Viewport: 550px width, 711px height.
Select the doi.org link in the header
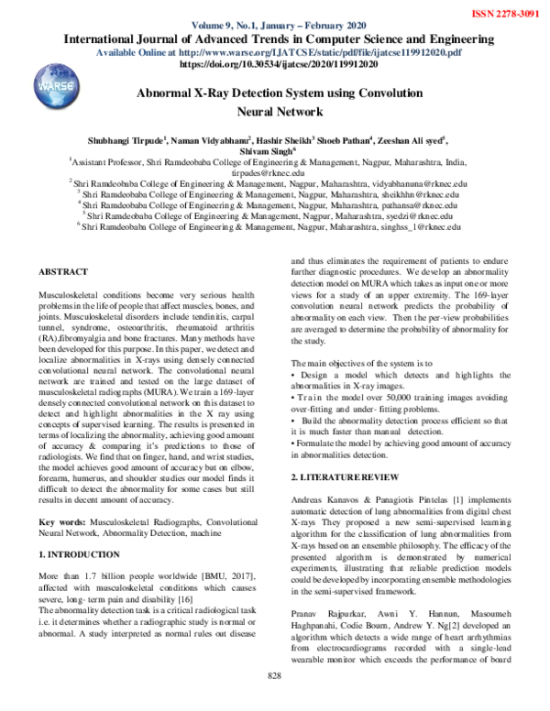274,66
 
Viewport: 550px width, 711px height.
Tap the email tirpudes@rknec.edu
275,172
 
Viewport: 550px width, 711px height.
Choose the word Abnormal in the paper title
169,94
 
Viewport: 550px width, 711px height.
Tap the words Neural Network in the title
275,113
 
